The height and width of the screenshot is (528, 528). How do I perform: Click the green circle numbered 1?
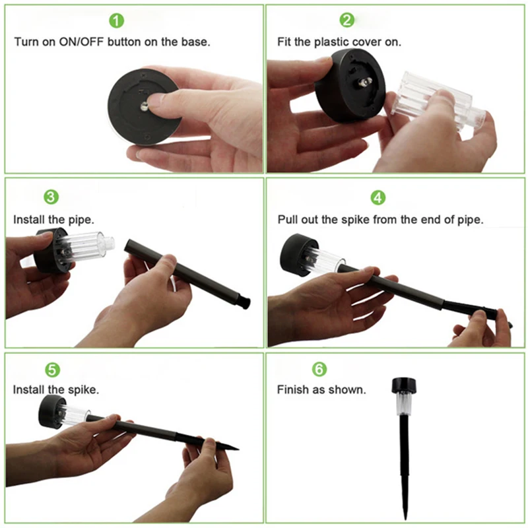[117, 21]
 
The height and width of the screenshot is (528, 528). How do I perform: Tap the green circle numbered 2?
[347, 20]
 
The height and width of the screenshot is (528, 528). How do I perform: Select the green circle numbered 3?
[51, 197]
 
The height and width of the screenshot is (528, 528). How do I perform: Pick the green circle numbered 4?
[378, 197]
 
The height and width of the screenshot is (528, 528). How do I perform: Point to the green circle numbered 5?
[53, 370]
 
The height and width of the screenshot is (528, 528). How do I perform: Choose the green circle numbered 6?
[319, 369]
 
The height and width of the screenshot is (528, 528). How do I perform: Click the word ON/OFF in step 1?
[81, 42]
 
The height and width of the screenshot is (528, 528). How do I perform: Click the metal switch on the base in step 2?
[366, 81]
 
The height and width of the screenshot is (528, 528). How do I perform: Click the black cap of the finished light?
[404, 385]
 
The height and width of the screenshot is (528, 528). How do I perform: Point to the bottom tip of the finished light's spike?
[407, 520]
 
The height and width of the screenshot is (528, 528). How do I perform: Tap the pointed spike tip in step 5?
[238, 449]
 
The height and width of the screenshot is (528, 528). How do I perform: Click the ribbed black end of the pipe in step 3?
[244, 300]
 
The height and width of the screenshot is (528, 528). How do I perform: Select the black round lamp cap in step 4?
[297, 253]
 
